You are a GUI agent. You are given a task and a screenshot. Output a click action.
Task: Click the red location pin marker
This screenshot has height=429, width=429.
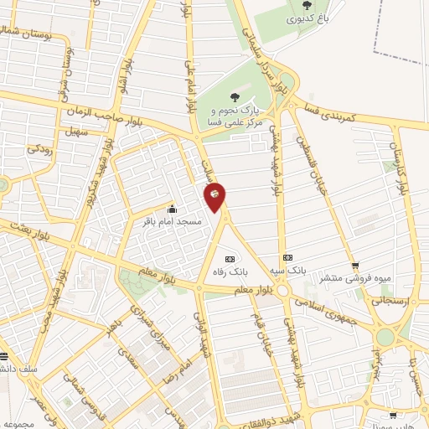215,194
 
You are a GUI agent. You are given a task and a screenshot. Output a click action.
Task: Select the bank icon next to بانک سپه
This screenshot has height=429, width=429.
287,257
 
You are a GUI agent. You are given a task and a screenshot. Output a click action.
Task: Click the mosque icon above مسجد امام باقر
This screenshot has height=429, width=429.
173,209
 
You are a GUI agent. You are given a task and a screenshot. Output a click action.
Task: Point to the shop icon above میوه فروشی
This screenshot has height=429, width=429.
354,265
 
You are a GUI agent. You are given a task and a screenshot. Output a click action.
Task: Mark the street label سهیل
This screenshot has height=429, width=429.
75,132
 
